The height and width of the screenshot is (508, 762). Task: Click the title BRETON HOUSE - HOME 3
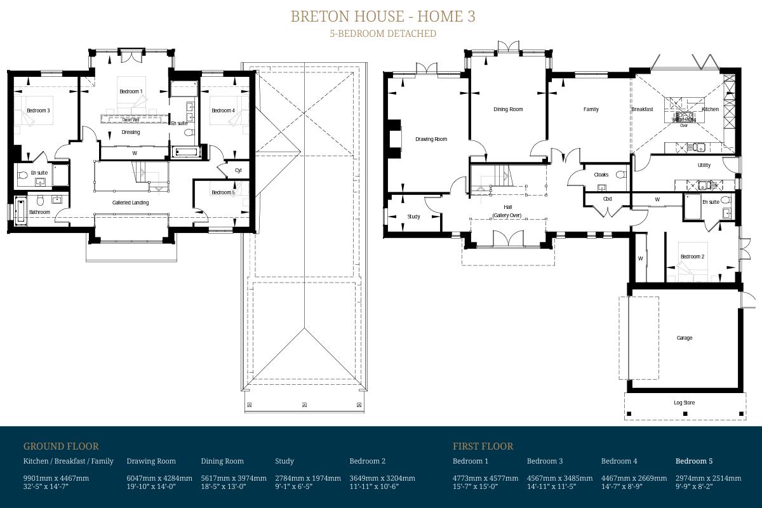tap(382, 17)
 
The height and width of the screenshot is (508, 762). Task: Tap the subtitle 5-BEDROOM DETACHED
tap(382, 34)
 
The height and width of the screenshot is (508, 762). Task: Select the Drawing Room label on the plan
tap(431, 139)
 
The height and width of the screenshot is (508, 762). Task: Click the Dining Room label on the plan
tap(508, 109)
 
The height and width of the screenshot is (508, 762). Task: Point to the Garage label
tap(684, 338)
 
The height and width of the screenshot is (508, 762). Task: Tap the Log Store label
tap(684, 403)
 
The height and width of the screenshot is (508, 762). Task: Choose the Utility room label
tap(704, 165)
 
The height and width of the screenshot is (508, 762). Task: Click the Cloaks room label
tap(601, 175)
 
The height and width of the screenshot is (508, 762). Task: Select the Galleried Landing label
tap(130, 203)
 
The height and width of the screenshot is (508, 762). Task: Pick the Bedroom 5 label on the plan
tap(223, 192)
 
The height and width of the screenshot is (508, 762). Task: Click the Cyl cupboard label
tap(238, 170)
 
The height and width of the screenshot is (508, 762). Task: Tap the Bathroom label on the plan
tap(39, 212)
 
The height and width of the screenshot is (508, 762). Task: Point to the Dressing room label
tap(130, 132)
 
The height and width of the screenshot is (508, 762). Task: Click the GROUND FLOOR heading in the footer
tap(61, 446)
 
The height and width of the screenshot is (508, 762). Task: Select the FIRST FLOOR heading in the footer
tap(483, 446)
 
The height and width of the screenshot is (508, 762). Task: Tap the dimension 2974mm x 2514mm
tap(708, 478)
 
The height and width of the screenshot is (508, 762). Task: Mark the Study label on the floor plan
tap(413, 217)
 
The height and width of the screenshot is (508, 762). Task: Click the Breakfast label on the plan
tap(642, 109)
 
